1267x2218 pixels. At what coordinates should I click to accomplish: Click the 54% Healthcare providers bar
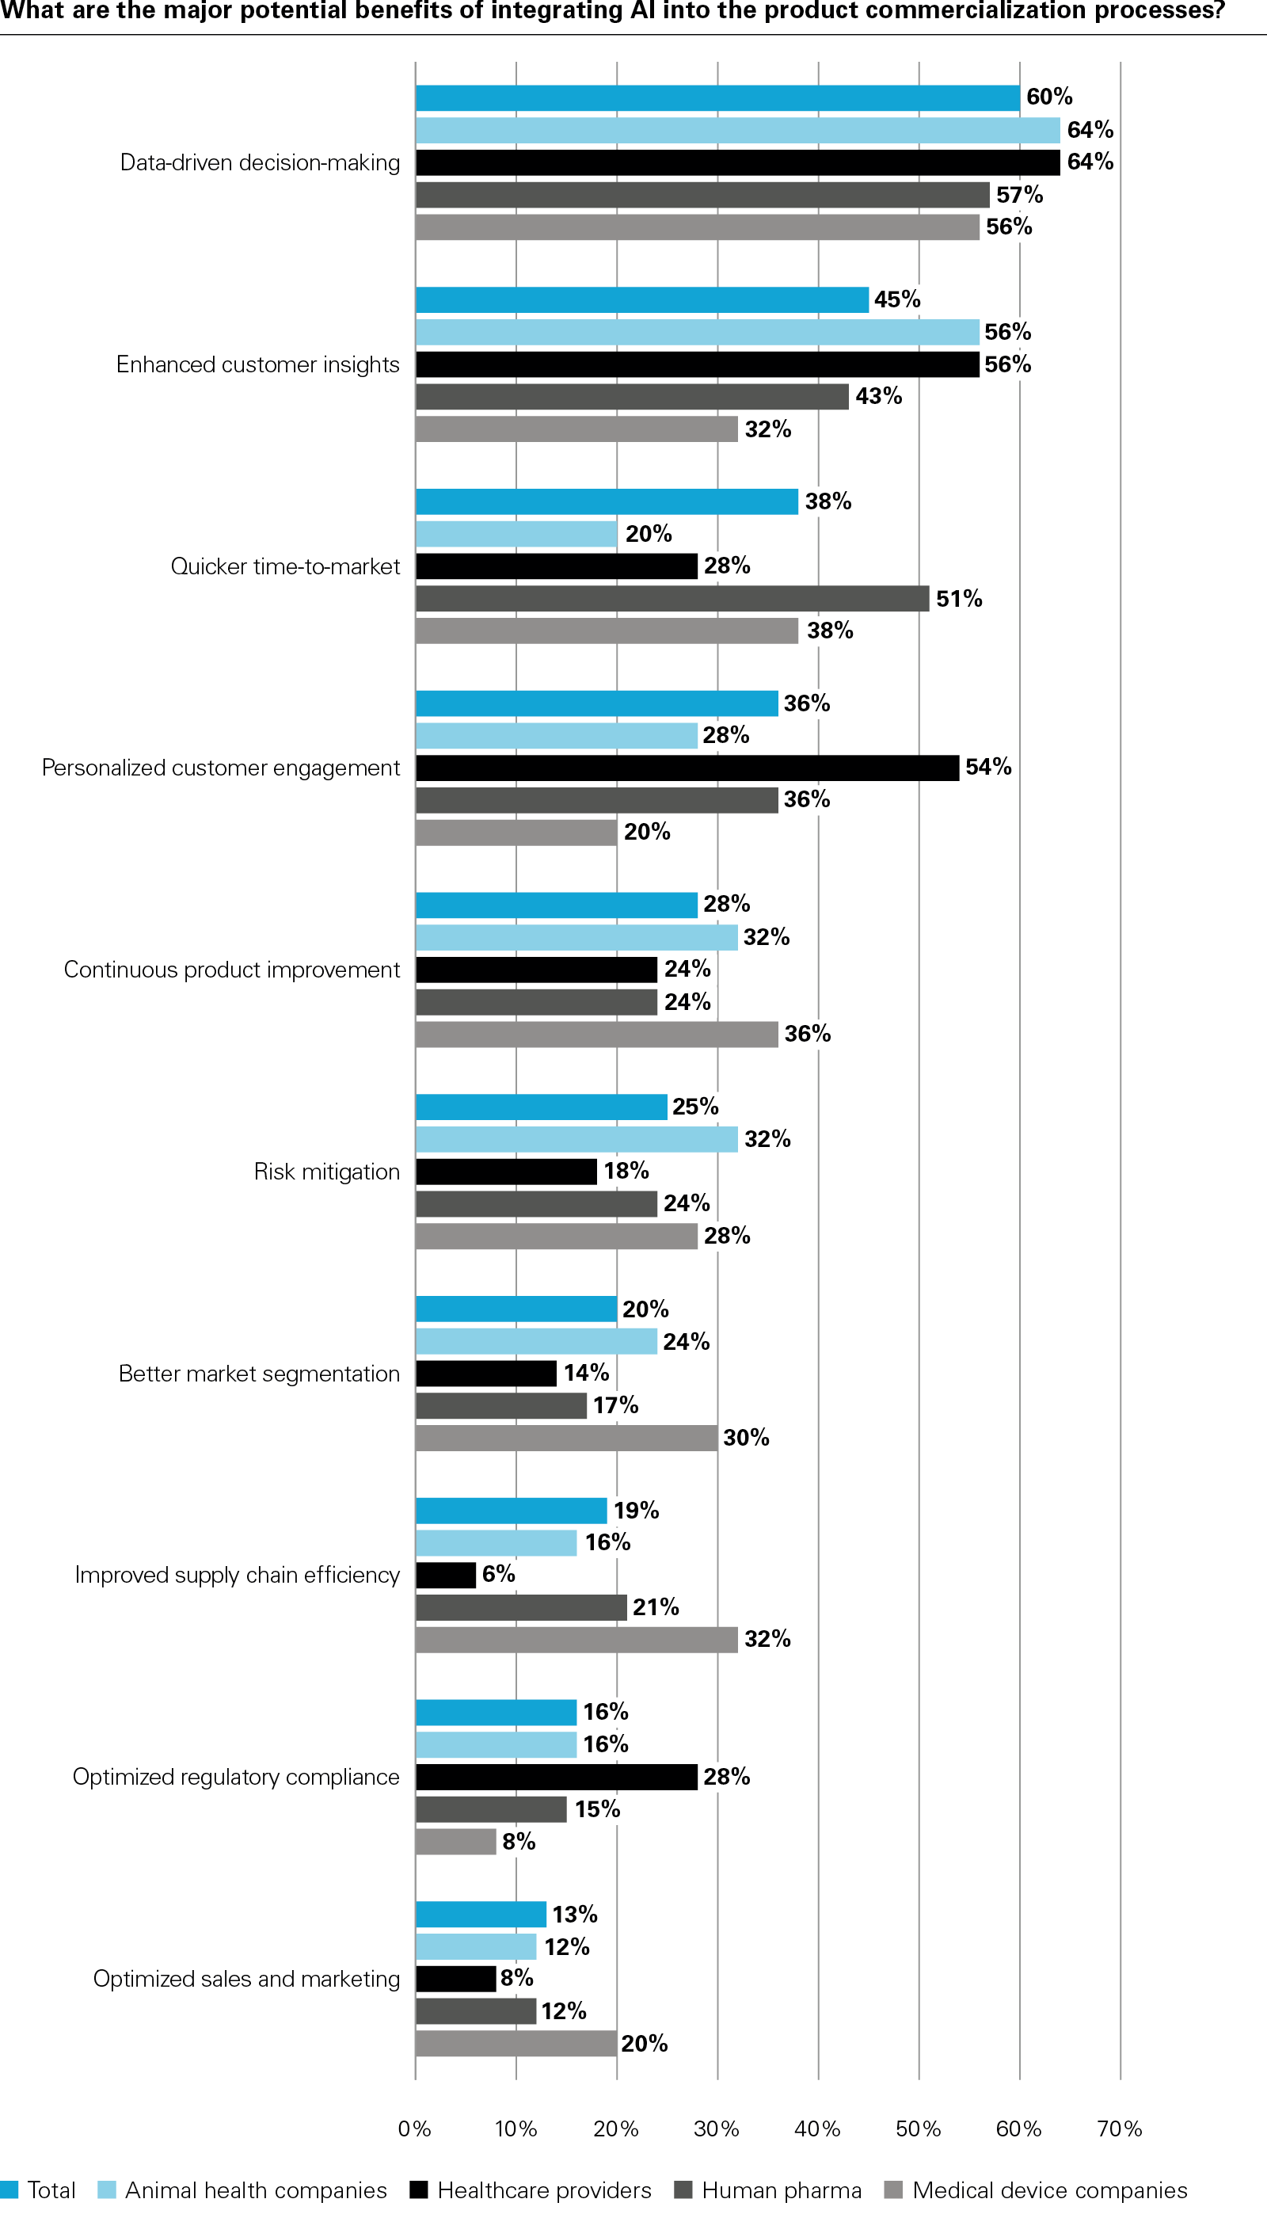(x=687, y=768)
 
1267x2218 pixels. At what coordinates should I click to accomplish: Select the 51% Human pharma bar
(x=672, y=599)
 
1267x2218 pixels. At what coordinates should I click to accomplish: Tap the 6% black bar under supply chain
(x=446, y=1575)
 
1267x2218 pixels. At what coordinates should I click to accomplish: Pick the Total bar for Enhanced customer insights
(x=641, y=299)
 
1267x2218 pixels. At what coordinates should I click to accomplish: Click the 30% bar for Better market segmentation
(x=565, y=1438)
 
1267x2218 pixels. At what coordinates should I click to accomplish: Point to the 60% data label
(x=1048, y=97)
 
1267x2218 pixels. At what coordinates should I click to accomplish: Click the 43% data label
(x=878, y=396)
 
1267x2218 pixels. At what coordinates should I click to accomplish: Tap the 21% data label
(x=655, y=1607)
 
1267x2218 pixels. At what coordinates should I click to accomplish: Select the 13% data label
(x=574, y=1914)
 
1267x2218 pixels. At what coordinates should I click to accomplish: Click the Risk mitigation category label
(x=326, y=1172)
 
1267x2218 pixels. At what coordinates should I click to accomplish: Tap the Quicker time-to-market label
(x=284, y=566)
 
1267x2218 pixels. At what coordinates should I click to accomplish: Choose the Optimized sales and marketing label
(x=246, y=1979)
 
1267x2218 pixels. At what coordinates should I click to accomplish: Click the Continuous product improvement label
(x=231, y=970)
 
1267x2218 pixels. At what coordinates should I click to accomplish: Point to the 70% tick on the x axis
(x=1119, y=2128)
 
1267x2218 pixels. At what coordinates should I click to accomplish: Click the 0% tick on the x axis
(x=414, y=2128)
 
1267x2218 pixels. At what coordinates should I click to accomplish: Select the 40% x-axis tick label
(x=817, y=2128)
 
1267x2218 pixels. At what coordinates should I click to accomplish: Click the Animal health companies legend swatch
(x=106, y=2189)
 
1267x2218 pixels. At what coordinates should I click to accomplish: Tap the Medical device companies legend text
(x=1049, y=2189)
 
